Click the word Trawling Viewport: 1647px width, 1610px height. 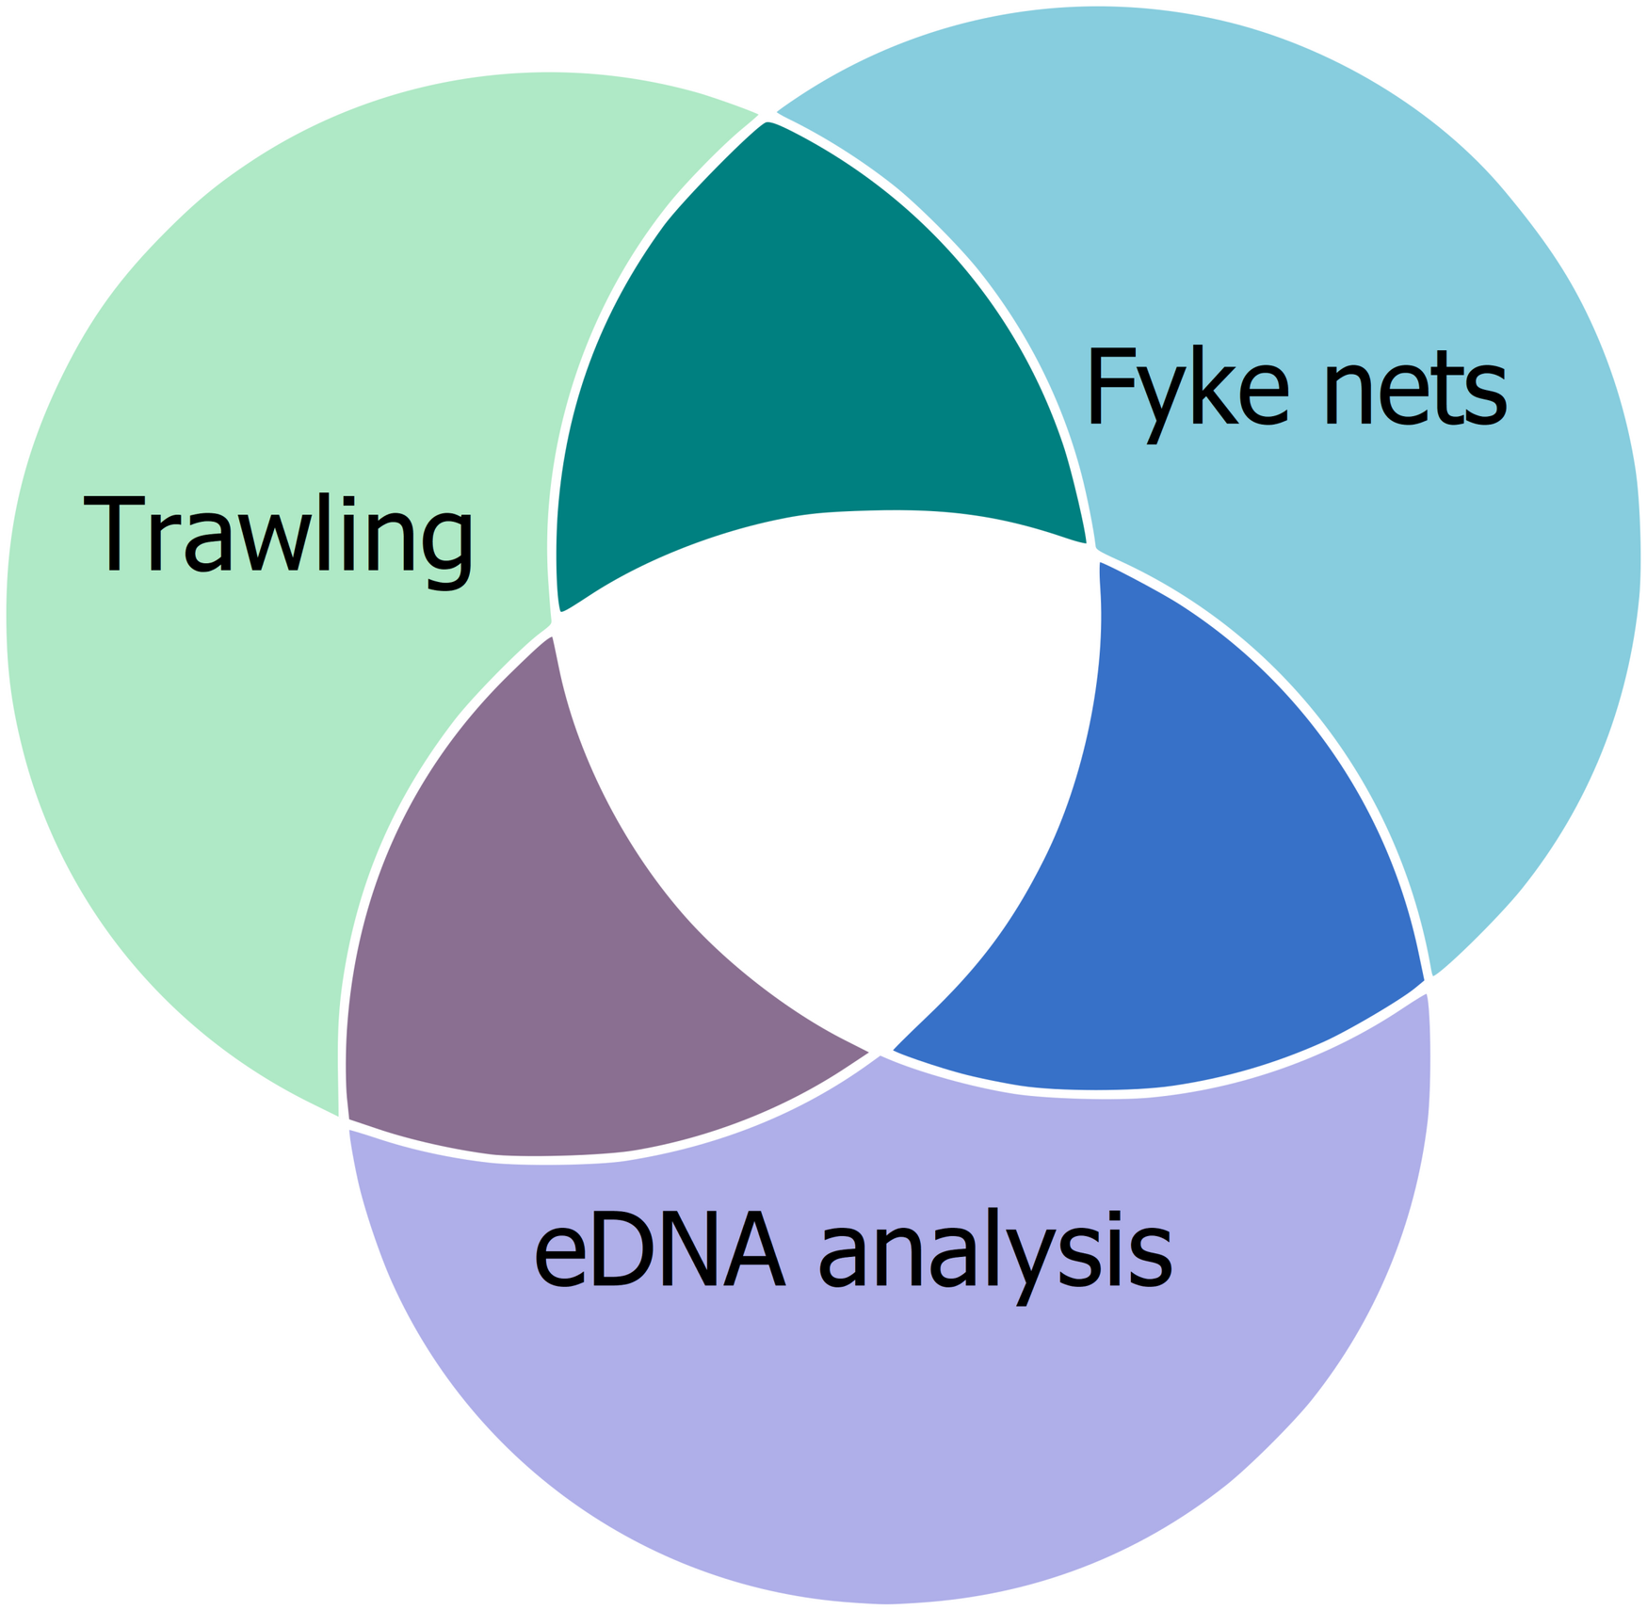(x=279, y=535)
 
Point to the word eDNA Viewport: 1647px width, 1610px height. (x=659, y=1252)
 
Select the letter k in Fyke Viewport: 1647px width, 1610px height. (x=1214, y=386)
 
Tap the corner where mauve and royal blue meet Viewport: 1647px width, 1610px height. (x=880, y=1053)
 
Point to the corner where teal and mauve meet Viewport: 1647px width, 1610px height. (x=555, y=623)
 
